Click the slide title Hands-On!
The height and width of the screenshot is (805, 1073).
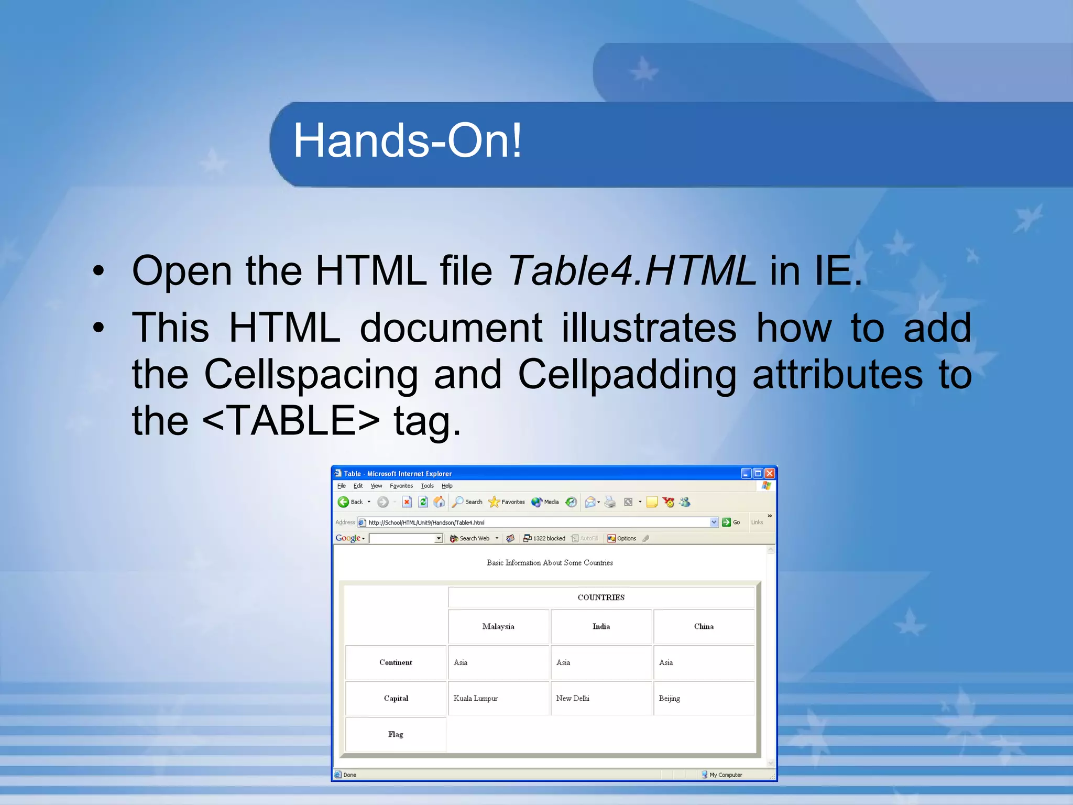tap(407, 140)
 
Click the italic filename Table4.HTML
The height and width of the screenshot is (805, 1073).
tap(631, 271)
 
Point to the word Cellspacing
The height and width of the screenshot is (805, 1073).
tap(311, 374)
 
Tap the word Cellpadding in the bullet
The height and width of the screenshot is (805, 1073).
tap(627, 374)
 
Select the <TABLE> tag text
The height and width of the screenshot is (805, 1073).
tap(291, 420)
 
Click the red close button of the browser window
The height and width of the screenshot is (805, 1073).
tap(769, 473)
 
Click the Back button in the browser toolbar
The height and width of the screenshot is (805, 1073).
tap(351, 502)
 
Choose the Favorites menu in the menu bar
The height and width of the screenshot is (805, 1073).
tap(401, 486)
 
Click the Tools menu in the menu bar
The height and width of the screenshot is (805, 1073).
tap(427, 486)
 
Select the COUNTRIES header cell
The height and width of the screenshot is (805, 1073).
tap(601, 597)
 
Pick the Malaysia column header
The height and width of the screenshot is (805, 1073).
tap(498, 626)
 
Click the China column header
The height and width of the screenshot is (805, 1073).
tap(704, 626)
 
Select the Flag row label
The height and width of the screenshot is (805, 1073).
tap(396, 734)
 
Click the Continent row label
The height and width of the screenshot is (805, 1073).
tap(396, 662)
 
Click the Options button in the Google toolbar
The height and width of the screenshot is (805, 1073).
tap(622, 538)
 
